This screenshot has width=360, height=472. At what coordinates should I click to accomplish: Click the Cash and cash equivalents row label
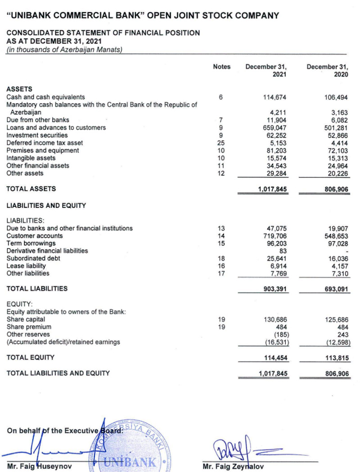tap(46, 97)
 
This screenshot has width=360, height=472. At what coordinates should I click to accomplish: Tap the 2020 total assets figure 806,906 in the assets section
tap(337, 190)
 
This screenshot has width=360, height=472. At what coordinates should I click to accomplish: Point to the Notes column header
tap(221, 67)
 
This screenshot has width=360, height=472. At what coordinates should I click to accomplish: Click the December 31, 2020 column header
tap(328, 71)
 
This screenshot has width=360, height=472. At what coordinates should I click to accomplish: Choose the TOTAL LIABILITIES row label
tap(37, 288)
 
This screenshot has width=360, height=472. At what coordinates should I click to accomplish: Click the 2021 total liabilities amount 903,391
tap(275, 289)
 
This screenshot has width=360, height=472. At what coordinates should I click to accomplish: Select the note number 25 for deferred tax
tap(221, 143)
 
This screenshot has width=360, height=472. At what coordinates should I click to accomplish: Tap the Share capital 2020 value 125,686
tap(337, 319)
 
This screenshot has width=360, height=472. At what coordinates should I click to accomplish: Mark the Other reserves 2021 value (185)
tap(279, 335)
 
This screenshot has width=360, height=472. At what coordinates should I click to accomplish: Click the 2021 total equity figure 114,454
tap(275, 358)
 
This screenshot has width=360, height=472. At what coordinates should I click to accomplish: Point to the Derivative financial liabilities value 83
tap(283, 251)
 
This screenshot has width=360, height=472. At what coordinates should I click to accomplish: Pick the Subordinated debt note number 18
tap(221, 259)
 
